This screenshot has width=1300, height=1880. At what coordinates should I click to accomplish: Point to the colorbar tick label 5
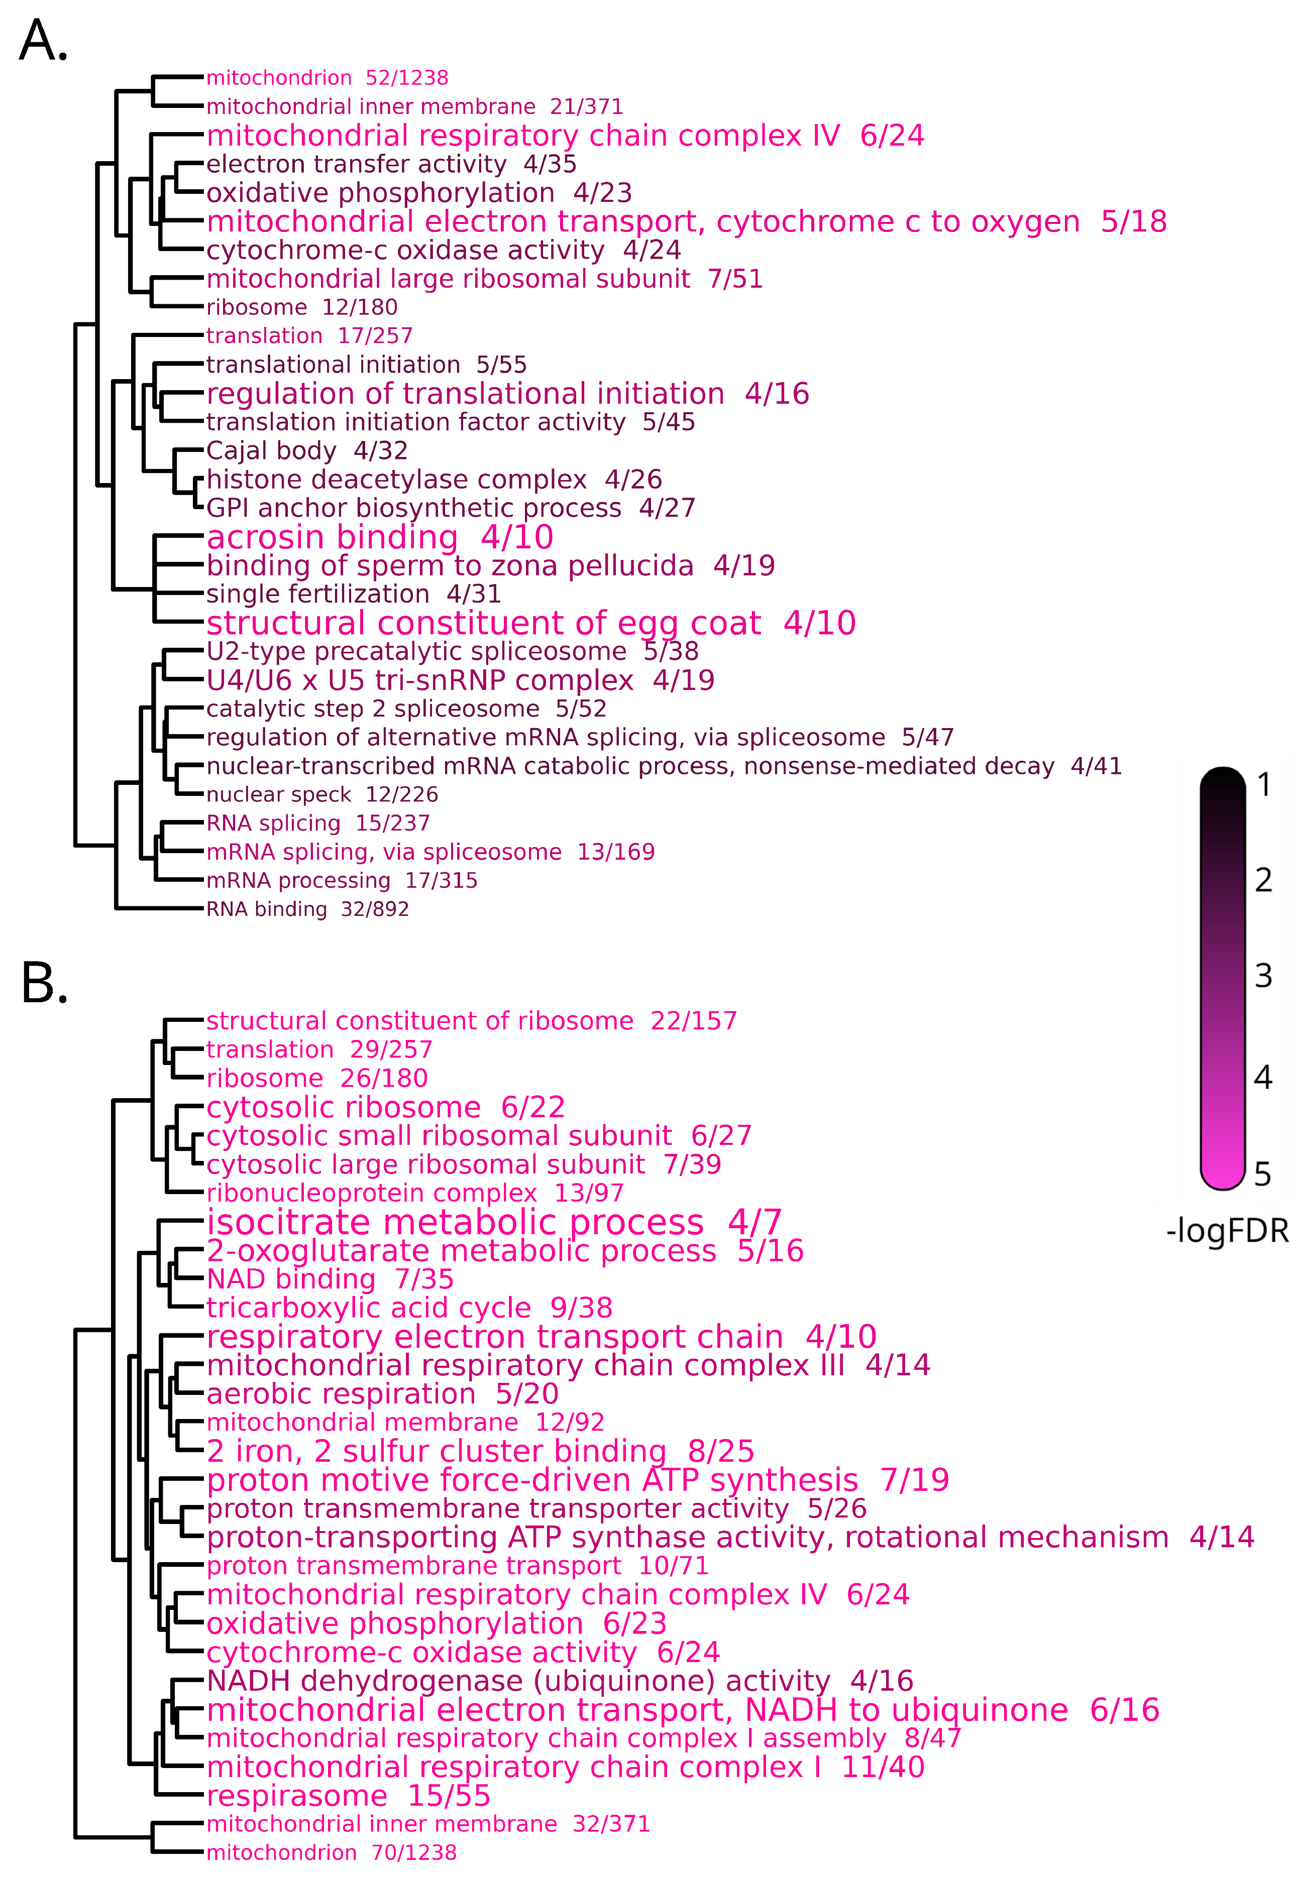click(1262, 1174)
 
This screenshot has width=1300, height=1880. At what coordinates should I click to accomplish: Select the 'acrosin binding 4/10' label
click(380, 537)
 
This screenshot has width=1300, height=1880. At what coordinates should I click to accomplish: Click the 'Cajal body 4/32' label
click(307, 450)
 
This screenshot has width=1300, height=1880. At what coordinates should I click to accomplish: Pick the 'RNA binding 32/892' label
click(307, 909)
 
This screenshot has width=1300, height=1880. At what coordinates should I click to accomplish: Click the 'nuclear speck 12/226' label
click(322, 795)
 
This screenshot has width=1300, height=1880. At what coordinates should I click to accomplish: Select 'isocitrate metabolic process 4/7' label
click(494, 1222)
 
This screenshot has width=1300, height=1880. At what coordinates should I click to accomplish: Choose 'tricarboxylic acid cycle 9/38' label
click(409, 1308)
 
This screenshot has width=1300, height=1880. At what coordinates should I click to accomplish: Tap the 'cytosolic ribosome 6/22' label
click(385, 1107)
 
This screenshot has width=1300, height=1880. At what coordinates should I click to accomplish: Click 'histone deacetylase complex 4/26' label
click(434, 480)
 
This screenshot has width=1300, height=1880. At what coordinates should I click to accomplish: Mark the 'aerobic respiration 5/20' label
click(382, 1394)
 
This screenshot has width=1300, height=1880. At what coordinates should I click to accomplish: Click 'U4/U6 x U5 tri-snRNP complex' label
click(460, 681)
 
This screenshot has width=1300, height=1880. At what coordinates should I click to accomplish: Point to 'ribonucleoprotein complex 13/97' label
click(414, 1194)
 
